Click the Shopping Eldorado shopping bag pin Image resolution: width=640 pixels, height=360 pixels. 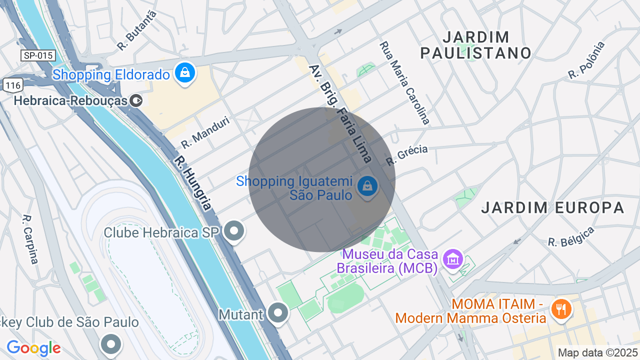coord(185,73)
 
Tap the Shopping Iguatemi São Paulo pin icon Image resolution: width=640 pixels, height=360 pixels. coord(367,186)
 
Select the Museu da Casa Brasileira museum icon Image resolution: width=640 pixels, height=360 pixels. coord(453,259)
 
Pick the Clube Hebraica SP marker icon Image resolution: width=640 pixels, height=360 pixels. coord(233,231)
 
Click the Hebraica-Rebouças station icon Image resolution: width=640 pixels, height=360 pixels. coord(135,100)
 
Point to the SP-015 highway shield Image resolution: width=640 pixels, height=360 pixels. coord(38,55)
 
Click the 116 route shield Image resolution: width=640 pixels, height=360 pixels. coord(12,85)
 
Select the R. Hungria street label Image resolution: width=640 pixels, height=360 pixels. coord(193,183)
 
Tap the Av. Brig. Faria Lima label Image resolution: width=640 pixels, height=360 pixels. coord(340,113)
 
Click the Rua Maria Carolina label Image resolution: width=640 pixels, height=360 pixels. coord(404,82)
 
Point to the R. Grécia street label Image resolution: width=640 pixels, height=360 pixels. coord(406,155)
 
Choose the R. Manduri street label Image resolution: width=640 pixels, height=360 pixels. coord(205,132)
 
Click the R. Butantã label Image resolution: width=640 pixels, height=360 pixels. coord(137,30)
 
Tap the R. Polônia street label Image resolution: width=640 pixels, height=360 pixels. coord(586,60)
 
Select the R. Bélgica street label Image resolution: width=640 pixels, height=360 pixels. coord(571,236)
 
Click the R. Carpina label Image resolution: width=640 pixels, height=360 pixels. coord(30,239)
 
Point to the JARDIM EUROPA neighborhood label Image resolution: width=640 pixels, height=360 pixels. coord(553,207)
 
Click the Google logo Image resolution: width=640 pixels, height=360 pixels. coord(33,348)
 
